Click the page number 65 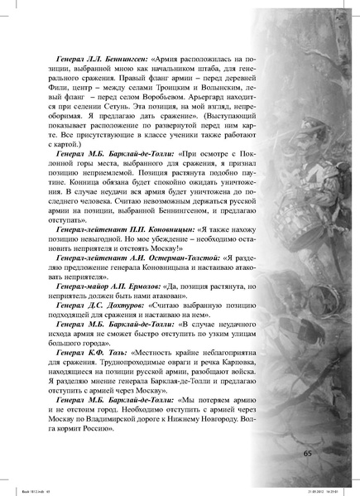(307, 452)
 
